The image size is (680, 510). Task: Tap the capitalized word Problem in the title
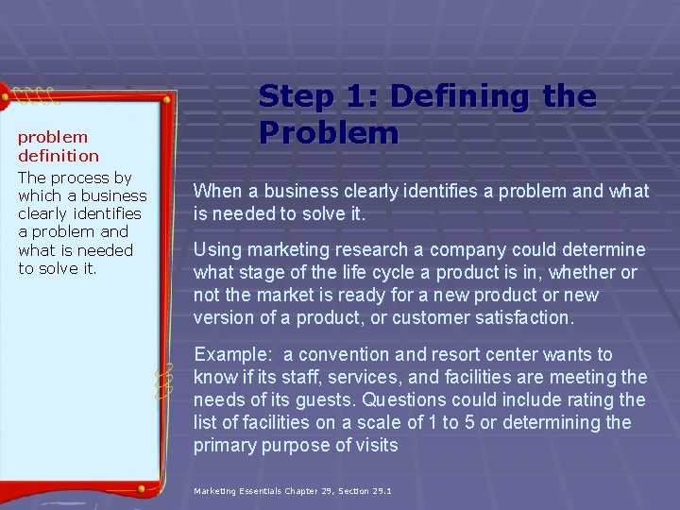point(329,133)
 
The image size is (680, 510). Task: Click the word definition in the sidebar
point(59,156)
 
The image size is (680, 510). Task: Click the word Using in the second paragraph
point(217,250)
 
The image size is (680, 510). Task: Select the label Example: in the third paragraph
point(232,355)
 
